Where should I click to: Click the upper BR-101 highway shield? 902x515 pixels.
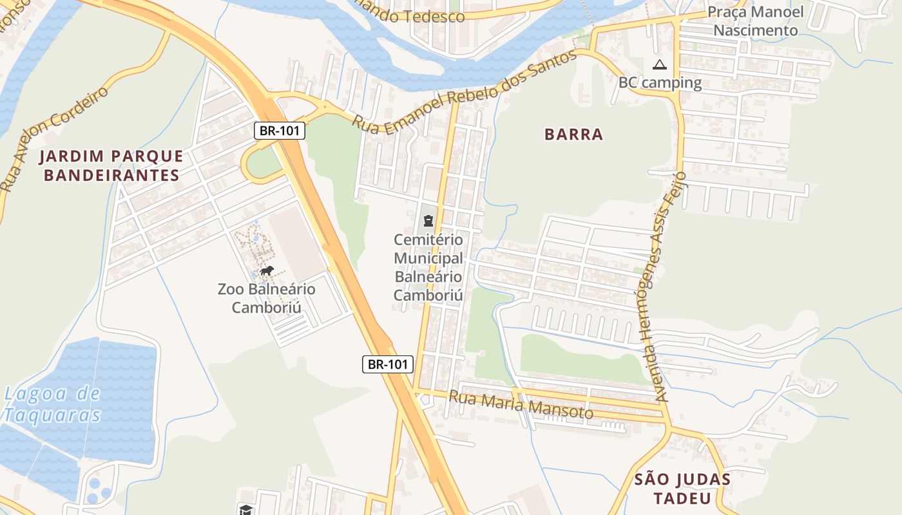click(279, 131)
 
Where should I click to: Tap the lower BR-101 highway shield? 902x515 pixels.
click(387, 364)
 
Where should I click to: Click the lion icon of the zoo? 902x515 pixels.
click(267, 271)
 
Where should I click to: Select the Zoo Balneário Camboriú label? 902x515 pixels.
click(267, 297)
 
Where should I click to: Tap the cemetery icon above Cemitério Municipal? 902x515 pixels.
click(428, 221)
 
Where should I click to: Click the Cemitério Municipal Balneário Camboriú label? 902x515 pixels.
click(428, 267)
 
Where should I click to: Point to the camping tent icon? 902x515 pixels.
click(658, 64)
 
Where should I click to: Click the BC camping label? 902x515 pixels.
click(660, 82)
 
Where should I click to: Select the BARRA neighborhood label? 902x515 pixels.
click(573, 134)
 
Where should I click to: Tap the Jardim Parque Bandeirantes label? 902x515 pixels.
click(111, 165)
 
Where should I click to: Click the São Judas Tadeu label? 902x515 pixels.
click(682, 489)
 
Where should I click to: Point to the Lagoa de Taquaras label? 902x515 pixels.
click(52, 404)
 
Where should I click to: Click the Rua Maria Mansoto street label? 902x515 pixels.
click(521, 404)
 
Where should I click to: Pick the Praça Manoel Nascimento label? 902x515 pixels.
click(755, 21)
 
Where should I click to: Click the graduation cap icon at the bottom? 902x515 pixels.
click(245, 510)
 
